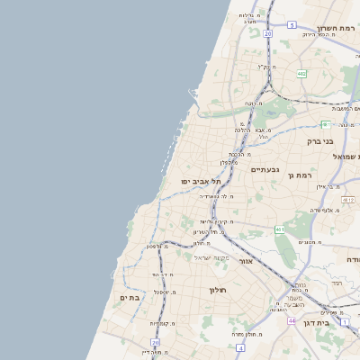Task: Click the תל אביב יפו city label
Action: (201, 181)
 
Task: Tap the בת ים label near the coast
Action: (130, 297)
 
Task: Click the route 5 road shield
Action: (292, 25)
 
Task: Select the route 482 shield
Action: (301, 74)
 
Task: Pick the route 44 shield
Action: (292, 319)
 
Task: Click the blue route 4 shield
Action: (239, 346)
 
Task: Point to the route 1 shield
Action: (343, 320)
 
